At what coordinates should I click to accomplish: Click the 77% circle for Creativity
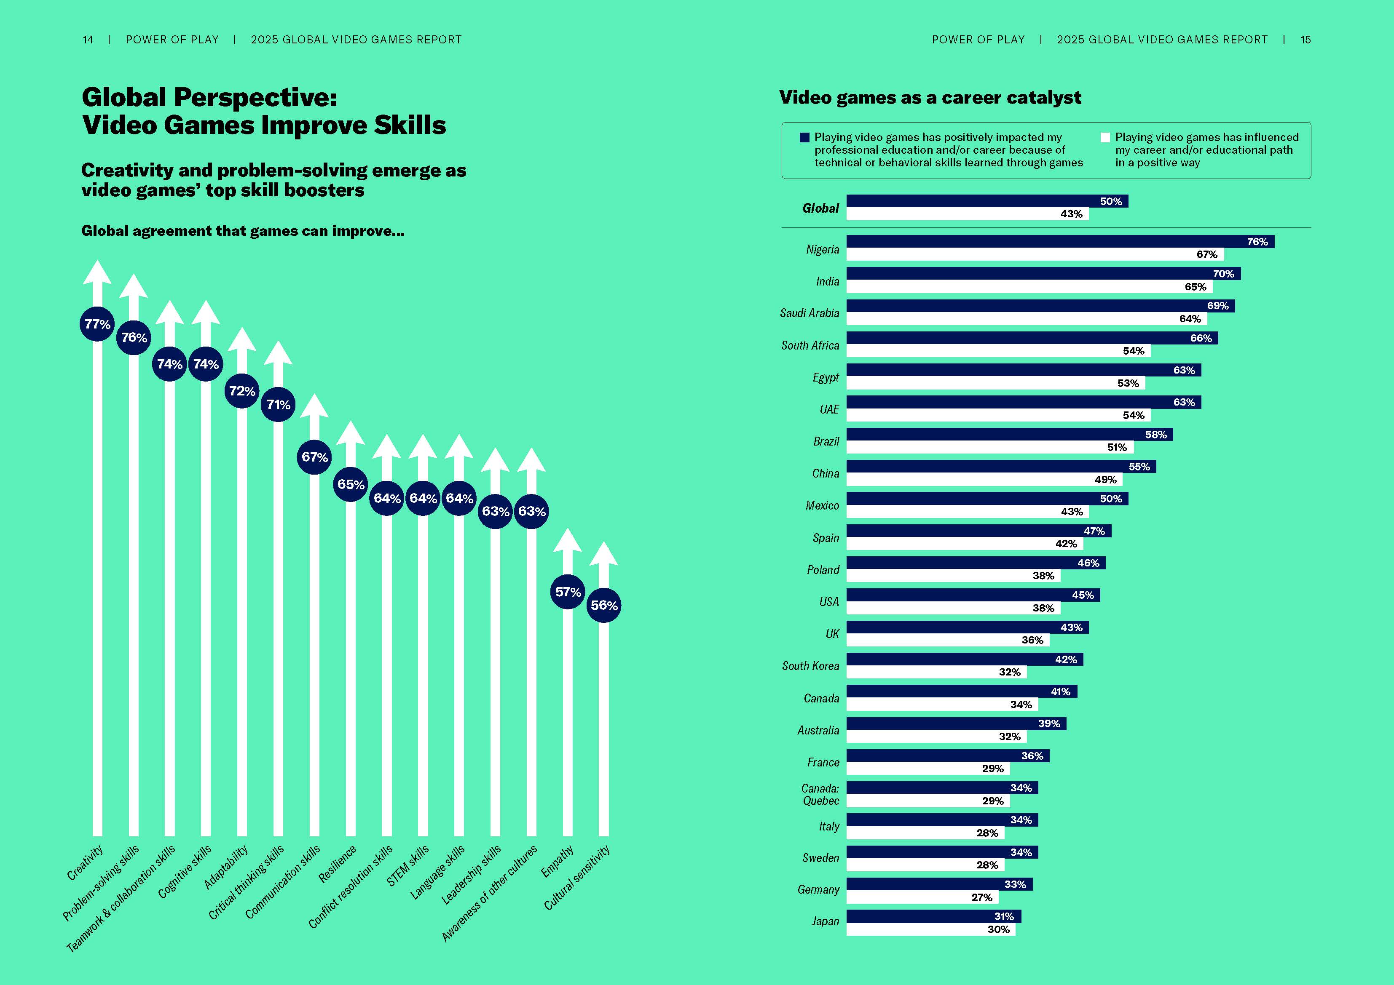[x=97, y=324]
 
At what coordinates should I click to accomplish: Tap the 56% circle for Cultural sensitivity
[x=603, y=605]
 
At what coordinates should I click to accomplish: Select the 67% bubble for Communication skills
[x=314, y=457]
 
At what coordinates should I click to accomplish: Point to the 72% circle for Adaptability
[x=241, y=391]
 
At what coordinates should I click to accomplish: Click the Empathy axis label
[x=558, y=862]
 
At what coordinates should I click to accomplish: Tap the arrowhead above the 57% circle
[x=568, y=541]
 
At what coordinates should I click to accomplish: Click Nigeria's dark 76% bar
[x=1059, y=242]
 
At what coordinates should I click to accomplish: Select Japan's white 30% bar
[x=930, y=929]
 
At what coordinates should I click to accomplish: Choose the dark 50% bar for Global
[x=987, y=201]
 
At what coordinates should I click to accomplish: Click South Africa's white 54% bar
[x=997, y=351]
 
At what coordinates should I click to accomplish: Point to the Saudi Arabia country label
[x=810, y=313]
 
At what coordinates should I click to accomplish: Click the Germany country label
[x=818, y=890]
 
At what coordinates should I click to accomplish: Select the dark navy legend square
[x=804, y=138]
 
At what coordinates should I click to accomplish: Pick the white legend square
[x=1105, y=138]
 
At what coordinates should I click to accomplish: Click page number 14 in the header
[x=88, y=40]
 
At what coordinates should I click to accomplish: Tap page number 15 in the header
[x=1306, y=40]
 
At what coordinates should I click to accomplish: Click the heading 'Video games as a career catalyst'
[x=930, y=98]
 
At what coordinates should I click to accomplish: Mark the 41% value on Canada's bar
[x=1060, y=691]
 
